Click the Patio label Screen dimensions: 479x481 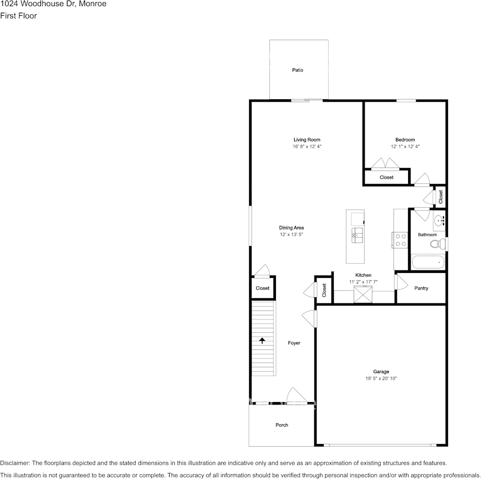point(297,70)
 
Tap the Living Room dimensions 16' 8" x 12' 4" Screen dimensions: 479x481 point(307,146)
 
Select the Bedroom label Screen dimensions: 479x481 point(405,140)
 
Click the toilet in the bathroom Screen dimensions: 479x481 point(435,244)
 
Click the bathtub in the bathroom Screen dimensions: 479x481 point(428,262)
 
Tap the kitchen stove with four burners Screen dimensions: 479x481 point(400,239)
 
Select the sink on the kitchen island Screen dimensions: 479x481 point(357,233)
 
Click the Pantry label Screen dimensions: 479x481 point(421,288)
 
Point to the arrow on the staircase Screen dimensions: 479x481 point(262,340)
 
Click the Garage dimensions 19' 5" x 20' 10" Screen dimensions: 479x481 point(381,378)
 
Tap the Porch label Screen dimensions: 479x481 point(282,425)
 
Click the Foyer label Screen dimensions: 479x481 point(294,343)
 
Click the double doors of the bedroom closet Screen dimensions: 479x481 point(385,164)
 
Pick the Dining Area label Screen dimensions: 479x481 point(291,227)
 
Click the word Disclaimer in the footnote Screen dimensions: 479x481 point(15,463)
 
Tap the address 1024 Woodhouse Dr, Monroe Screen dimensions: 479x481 point(53,4)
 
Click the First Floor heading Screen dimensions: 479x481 point(19,16)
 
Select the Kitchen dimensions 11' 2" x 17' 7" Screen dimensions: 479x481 point(363,282)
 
